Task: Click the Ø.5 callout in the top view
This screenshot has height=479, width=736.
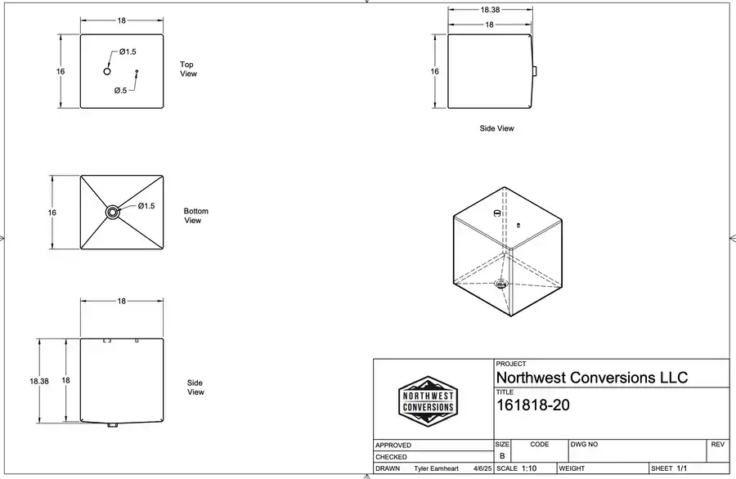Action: (x=120, y=91)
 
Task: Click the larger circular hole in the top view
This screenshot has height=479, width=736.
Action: (x=107, y=72)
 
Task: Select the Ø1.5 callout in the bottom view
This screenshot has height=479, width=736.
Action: (x=146, y=206)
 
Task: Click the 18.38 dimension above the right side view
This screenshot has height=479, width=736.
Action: (x=491, y=10)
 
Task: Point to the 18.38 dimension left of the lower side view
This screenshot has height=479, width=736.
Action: (x=39, y=381)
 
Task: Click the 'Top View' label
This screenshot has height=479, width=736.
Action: (x=188, y=69)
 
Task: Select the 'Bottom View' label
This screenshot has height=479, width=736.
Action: (x=195, y=216)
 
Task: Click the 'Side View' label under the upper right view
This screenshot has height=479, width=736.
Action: (x=496, y=128)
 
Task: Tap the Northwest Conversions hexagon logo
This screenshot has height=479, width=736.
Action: (x=428, y=401)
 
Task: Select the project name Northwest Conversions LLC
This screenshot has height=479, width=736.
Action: (x=592, y=378)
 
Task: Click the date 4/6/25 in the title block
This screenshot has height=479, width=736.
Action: (x=482, y=469)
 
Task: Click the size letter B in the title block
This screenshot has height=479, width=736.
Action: (x=502, y=455)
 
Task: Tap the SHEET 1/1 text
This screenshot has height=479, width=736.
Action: (x=670, y=468)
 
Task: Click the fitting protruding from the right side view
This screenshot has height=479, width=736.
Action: (x=535, y=72)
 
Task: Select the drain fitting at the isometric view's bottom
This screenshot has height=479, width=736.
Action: (x=500, y=284)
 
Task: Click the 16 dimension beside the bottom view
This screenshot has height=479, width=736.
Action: (x=52, y=213)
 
